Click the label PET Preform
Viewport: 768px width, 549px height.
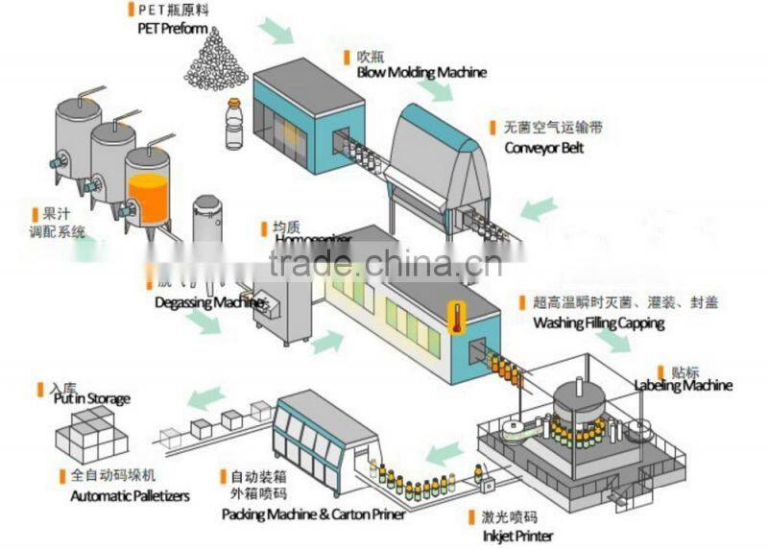[x=172, y=28]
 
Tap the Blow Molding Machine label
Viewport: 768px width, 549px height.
[x=421, y=72]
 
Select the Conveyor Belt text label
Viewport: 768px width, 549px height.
[x=543, y=149]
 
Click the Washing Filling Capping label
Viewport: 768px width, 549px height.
[x=598, y=322]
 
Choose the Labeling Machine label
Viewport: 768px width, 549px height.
[x=684, y=386]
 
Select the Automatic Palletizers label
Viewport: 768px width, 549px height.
[x=131, y=496]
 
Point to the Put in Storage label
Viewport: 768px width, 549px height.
[x=91, y=398]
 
